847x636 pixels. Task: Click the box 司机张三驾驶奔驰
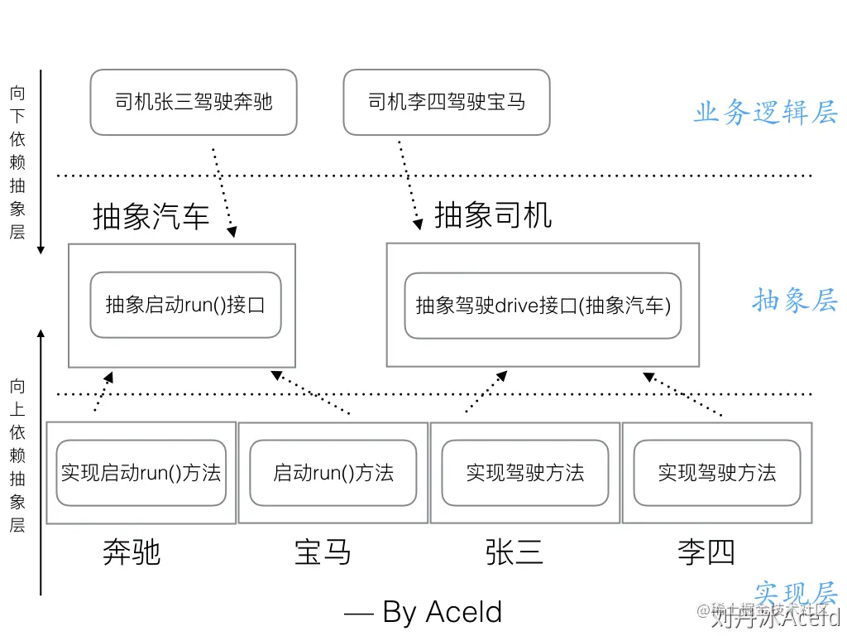194,103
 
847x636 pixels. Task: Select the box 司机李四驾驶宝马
447,103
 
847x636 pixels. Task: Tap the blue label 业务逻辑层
765,113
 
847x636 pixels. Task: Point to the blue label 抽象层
794,300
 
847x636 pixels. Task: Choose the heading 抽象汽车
151,217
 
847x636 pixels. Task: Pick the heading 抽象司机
493,215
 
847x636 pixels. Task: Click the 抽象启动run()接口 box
185,305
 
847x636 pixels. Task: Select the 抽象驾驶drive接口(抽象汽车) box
543,306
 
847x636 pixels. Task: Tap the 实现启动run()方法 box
141,473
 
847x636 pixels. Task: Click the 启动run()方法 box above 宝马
333,473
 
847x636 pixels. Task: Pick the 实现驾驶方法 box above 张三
525,473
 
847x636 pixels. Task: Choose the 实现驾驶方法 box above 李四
717,473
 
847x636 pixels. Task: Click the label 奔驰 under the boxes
131,552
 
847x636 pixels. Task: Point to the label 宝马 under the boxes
323,552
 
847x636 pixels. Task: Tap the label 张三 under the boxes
514,552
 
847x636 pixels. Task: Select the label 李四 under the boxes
706,552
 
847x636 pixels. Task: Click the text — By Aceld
423,612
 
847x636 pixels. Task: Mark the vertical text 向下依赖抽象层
17,162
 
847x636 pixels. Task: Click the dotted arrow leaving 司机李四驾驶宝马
409,182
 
